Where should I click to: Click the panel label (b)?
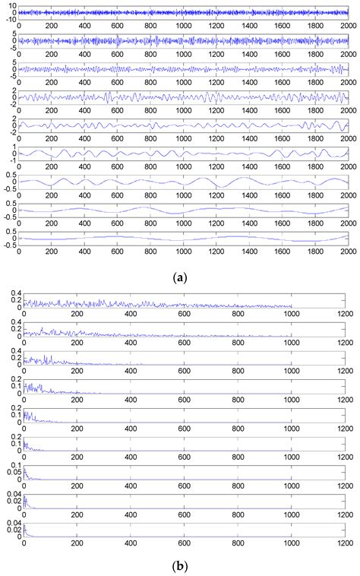pos(180,565)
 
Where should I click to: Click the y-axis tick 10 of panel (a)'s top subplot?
pos(11,6)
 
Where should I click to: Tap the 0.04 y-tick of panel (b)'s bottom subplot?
pos(13,523)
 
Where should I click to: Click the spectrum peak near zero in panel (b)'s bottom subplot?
pos(25,527)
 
